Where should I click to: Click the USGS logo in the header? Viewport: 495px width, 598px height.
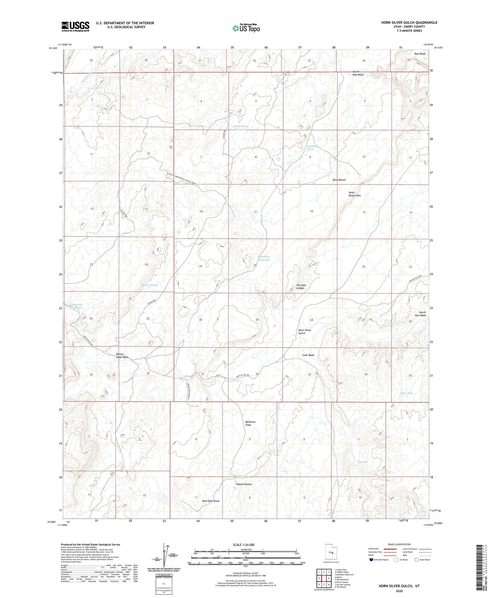75,26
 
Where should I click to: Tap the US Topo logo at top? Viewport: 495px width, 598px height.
246,28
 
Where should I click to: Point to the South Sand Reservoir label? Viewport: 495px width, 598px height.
241,128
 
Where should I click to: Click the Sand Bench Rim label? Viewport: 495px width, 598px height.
355,194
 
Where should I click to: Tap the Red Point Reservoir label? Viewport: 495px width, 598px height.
264,258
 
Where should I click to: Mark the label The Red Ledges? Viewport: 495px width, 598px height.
301,286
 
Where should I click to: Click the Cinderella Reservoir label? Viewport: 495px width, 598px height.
76,306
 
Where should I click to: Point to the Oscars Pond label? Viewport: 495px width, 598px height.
149,285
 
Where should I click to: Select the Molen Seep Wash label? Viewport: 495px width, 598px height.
122,356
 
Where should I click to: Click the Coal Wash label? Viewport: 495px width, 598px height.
308,355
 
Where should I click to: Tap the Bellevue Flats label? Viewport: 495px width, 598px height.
250,423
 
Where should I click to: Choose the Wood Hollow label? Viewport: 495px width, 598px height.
244,484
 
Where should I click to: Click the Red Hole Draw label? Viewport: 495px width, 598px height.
211,501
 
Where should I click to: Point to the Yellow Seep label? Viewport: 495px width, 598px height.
406,393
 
